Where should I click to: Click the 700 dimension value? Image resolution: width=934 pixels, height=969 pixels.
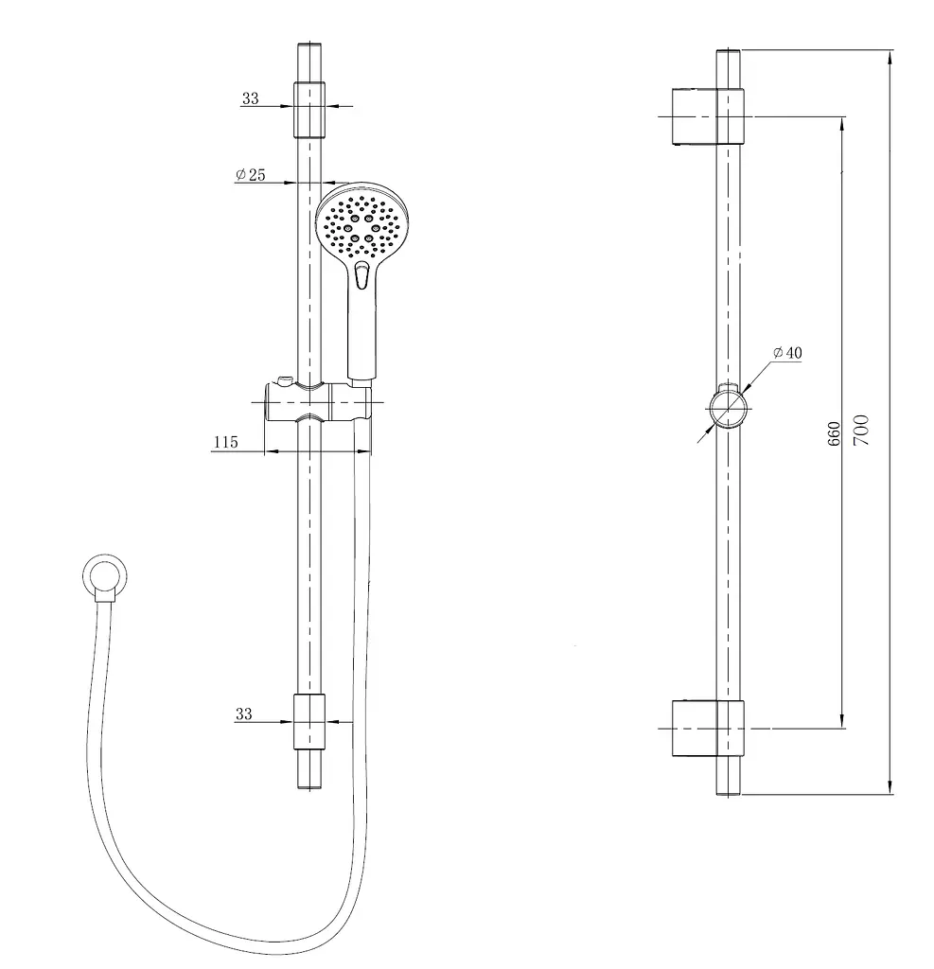point(862,430)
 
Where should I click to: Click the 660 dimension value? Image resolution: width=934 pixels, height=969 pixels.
point(834,433)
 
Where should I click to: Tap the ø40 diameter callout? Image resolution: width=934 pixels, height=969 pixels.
point(787,353)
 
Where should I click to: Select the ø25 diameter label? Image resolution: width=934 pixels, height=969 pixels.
point(251,174)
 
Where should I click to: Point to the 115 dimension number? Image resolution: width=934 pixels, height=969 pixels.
point(225,442)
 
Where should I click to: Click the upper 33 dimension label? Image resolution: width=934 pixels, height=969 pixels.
point(251,98)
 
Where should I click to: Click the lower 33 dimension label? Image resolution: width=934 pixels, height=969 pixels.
point(243,714)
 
